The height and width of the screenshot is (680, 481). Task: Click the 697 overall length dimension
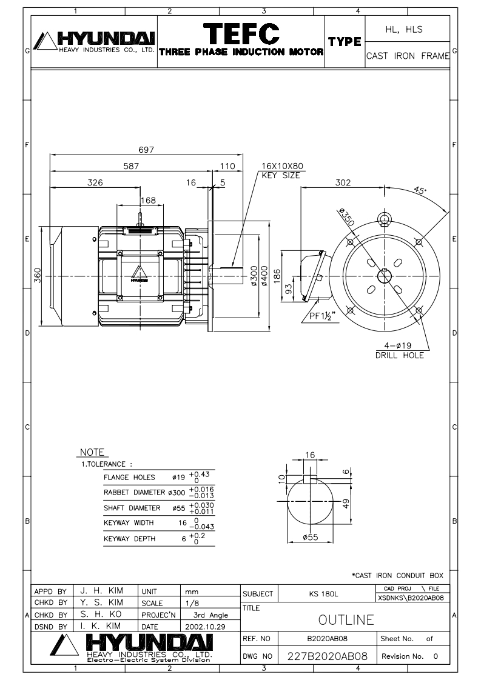coord(145,149)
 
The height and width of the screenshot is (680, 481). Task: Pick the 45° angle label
coord(420,190)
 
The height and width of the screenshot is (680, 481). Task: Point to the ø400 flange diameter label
coord(264,277)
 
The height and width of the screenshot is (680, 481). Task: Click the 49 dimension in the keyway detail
coord(345,504)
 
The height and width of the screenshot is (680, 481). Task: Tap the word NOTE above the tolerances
coord(93,453)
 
